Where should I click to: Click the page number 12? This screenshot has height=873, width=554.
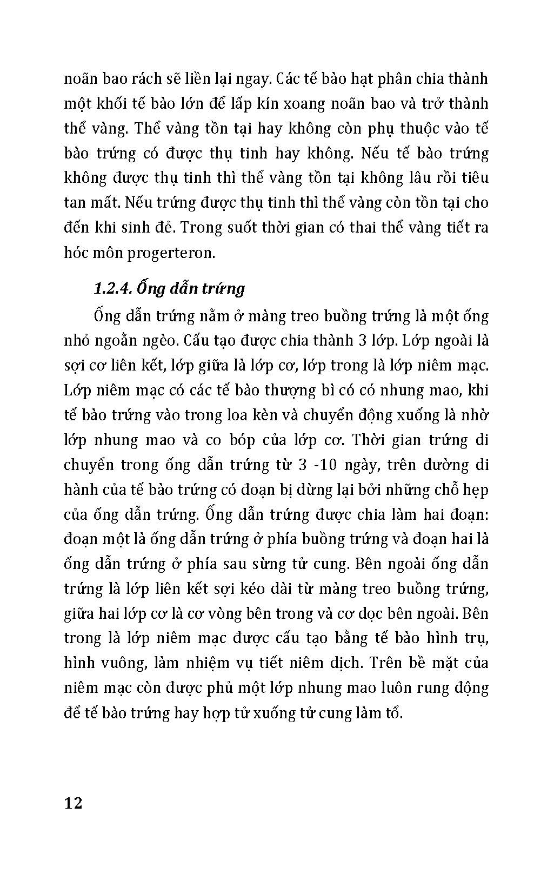pos(74,803)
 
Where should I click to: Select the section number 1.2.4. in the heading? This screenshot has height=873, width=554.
pos(111,288)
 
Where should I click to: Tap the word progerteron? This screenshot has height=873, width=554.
pos(171,253)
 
